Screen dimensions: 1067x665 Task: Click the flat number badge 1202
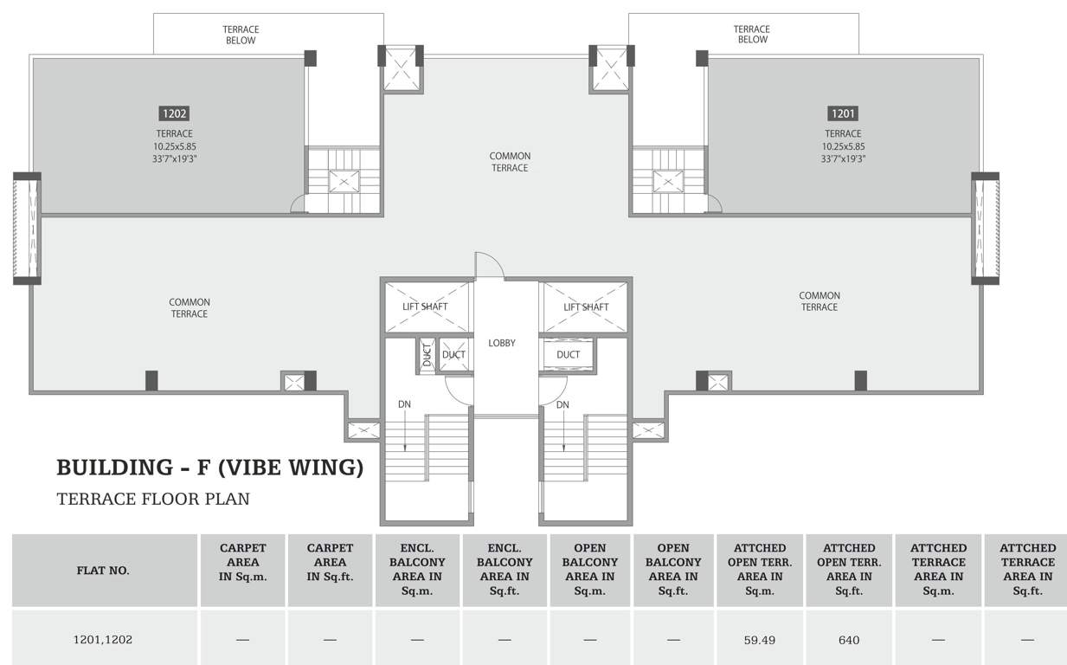(174, 113)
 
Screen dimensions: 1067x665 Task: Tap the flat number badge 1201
(843, 113)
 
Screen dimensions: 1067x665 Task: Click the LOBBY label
(502, 343)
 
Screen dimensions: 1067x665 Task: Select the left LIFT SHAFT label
(425, 307)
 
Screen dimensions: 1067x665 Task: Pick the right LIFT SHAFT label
(586, 307)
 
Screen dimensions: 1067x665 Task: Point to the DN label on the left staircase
(404, 404)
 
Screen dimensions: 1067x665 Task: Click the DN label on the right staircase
(562, 404)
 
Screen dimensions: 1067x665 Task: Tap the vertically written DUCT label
(427, 355)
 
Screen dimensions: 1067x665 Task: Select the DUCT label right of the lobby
(569, 355)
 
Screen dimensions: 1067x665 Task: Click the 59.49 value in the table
(759, 640)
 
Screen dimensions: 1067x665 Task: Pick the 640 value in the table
(849, 640)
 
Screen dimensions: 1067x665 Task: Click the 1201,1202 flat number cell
(102, 639)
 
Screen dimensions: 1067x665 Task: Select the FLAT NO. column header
(103, 571)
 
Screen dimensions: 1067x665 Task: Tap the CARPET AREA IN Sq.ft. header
(330, 563)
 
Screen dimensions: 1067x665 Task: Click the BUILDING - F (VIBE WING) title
(210, 468)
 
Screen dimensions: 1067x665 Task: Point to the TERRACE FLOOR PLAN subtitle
(153, 499)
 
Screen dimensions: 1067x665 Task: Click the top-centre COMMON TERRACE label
(510, 162)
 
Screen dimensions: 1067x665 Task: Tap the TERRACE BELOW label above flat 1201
(752, 35)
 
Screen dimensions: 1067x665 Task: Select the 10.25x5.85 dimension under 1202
(174, 146)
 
